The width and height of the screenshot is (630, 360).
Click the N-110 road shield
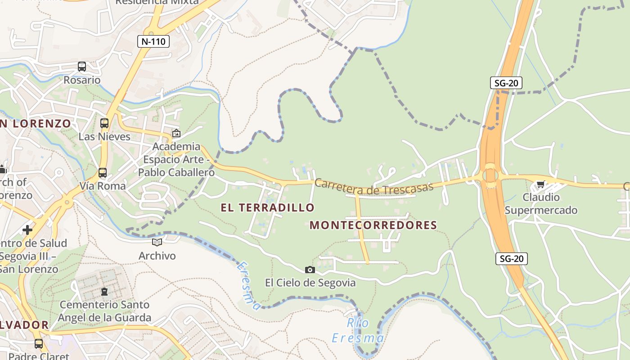pyautogui.click(x=153, y=42)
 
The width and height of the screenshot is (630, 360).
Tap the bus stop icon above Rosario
pyautogui.click(x=81, y=67)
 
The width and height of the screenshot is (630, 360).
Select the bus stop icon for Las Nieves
pyautogui.click(x=104, y=123)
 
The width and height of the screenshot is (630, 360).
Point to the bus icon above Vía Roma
pyautogui.click(x=103, y=172)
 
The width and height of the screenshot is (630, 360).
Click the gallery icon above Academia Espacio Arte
pyautogui.click(x=176, y=133)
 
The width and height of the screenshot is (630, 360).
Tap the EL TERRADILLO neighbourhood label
pyautogui.click(x=267, y=207)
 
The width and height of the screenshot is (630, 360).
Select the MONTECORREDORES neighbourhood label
pyautogui.click(x=373, y=225)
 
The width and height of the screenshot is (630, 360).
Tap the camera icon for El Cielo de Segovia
pyautogui.click(x=310, y=270)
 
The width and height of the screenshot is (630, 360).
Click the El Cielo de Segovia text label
pyautogui.click(x=310, y=283)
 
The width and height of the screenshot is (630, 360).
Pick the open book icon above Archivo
pyautogui.click(x=157, y=243)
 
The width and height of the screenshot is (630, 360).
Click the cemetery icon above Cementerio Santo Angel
pyautogui.click(x=104, y=292)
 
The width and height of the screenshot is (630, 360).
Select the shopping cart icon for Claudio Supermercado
pyautogui.click(x=540, y=184)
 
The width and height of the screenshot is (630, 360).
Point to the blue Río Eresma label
pyautogui.click(x=358, y=331)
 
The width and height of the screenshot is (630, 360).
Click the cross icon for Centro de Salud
pyautogui.click(x=27, y=230)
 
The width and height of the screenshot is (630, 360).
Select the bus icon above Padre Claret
pyautogui.click(x=39, y=344)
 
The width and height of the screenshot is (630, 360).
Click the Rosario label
pyautogui.click(x=82, y=80)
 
